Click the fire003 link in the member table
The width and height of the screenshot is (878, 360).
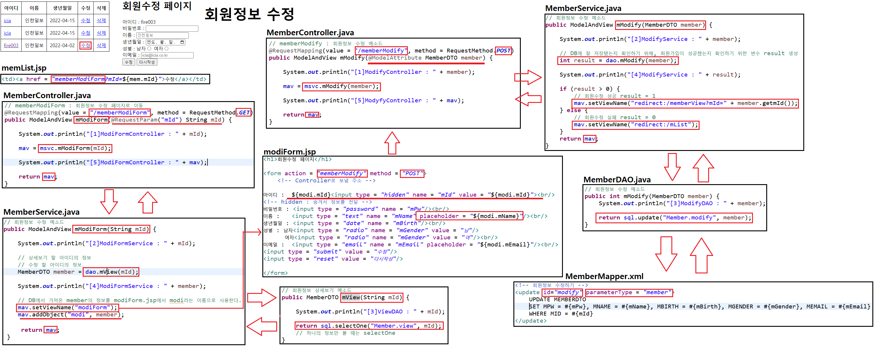click(11, 45)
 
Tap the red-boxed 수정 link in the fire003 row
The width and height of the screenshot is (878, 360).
click(86, 45)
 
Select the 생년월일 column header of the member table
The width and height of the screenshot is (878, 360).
click(62, 8)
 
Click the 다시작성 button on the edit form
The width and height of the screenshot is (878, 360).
click(147, 62)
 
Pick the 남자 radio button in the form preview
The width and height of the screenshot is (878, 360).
click(149, 49)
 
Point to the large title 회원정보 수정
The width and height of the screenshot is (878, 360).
click(249, 14)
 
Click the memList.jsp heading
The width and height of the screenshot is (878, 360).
click(24, 68)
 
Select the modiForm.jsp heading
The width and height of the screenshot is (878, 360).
click(289, 152)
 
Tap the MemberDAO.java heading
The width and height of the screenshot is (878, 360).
click(617, 180)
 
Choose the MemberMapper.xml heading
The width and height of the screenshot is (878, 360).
click(604, 276)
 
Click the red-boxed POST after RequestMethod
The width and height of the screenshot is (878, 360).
click(503, 51)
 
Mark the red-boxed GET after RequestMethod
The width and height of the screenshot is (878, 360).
click(244, 112)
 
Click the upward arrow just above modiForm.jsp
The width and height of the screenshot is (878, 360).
click(392, 143)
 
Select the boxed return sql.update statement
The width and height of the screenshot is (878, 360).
click(674, 217)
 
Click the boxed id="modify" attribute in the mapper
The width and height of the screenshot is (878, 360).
click(562, 292)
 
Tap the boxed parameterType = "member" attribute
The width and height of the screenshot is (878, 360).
click(629, 292)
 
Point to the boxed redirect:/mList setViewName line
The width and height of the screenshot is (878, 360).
click(635, 125)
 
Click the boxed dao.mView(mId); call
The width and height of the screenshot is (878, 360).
click(111, 272)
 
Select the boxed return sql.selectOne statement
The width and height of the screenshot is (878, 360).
click(369, 326)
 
